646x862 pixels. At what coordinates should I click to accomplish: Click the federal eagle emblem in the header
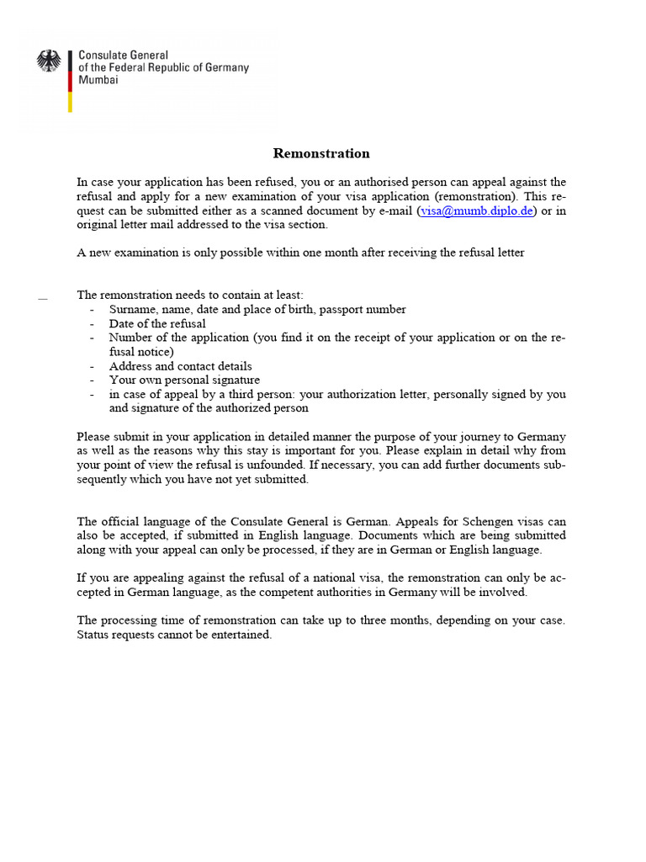pos(49,61)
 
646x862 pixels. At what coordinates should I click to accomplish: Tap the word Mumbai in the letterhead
pos(98,80)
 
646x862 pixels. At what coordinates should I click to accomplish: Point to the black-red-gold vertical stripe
pos(70,80)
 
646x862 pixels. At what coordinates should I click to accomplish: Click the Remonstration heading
pos(321,153)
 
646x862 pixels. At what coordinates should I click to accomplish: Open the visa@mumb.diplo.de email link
pos(475,211)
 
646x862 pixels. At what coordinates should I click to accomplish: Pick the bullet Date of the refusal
pos(157,323)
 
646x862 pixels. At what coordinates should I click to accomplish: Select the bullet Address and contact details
pos(180,366)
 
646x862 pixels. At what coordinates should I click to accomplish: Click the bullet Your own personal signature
pos(184,380)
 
